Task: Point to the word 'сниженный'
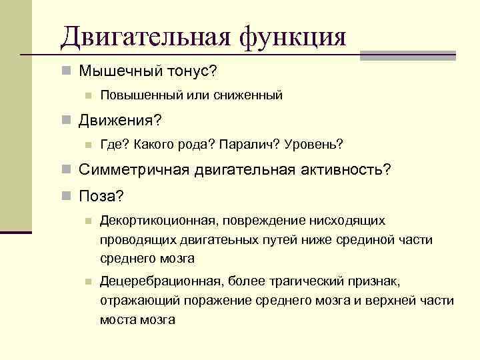[x=249, y=95]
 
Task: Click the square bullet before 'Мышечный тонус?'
[x=65, y=71]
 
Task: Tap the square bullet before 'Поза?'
[x=65, y=196]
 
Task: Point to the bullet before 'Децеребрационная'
[x=87, y=282]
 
